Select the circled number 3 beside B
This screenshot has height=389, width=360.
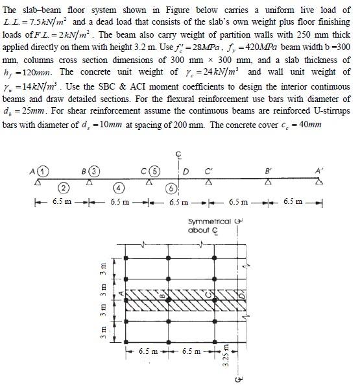[95, 172]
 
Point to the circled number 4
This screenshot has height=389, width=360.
[119, 189]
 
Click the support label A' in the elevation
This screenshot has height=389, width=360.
[317, 172]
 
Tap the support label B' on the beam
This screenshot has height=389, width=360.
[267, 172]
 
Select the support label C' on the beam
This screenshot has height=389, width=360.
[207, 172]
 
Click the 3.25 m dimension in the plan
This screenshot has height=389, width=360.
[226, 356]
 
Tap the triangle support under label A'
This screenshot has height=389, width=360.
[318, 183]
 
